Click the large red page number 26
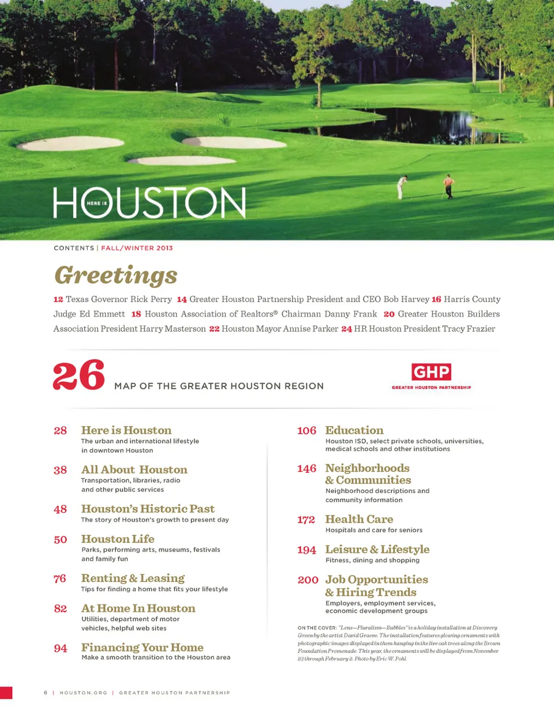coord(78,375)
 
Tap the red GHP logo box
coord(431,372)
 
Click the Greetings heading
coord(116,275)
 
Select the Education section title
coord(354,430)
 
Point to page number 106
coord(306,431)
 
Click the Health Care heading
coord(359,519)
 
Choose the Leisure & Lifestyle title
coord(377,550)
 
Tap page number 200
coord(308,580)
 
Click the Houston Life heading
coord(118,539)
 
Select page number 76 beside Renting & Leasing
coord(60,578)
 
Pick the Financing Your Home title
coord(142,647)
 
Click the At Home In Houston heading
coord(138,608)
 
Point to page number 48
coord(60,509)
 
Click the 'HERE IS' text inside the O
coord(96,203)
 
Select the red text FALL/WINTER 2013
coord(137,248)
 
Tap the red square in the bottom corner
coord(6,693)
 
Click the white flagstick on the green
coord(177,87)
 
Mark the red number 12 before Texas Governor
coord(58,299)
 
